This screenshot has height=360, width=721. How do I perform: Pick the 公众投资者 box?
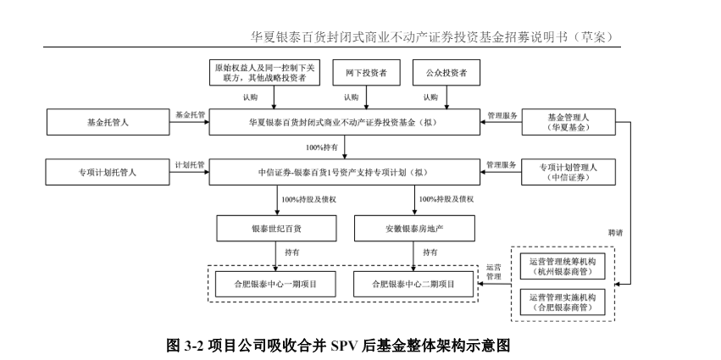446,74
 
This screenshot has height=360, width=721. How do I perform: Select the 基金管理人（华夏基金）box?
568,122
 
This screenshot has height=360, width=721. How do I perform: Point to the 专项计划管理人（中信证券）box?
568,172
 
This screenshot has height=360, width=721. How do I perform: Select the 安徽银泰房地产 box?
413,229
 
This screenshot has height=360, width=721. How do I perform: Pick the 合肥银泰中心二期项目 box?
413,284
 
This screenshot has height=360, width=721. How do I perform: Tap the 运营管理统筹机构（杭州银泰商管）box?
562,266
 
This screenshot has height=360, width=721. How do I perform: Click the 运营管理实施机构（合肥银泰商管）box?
562,302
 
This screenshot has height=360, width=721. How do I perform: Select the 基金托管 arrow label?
191,114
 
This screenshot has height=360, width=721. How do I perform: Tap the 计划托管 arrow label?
191,164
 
